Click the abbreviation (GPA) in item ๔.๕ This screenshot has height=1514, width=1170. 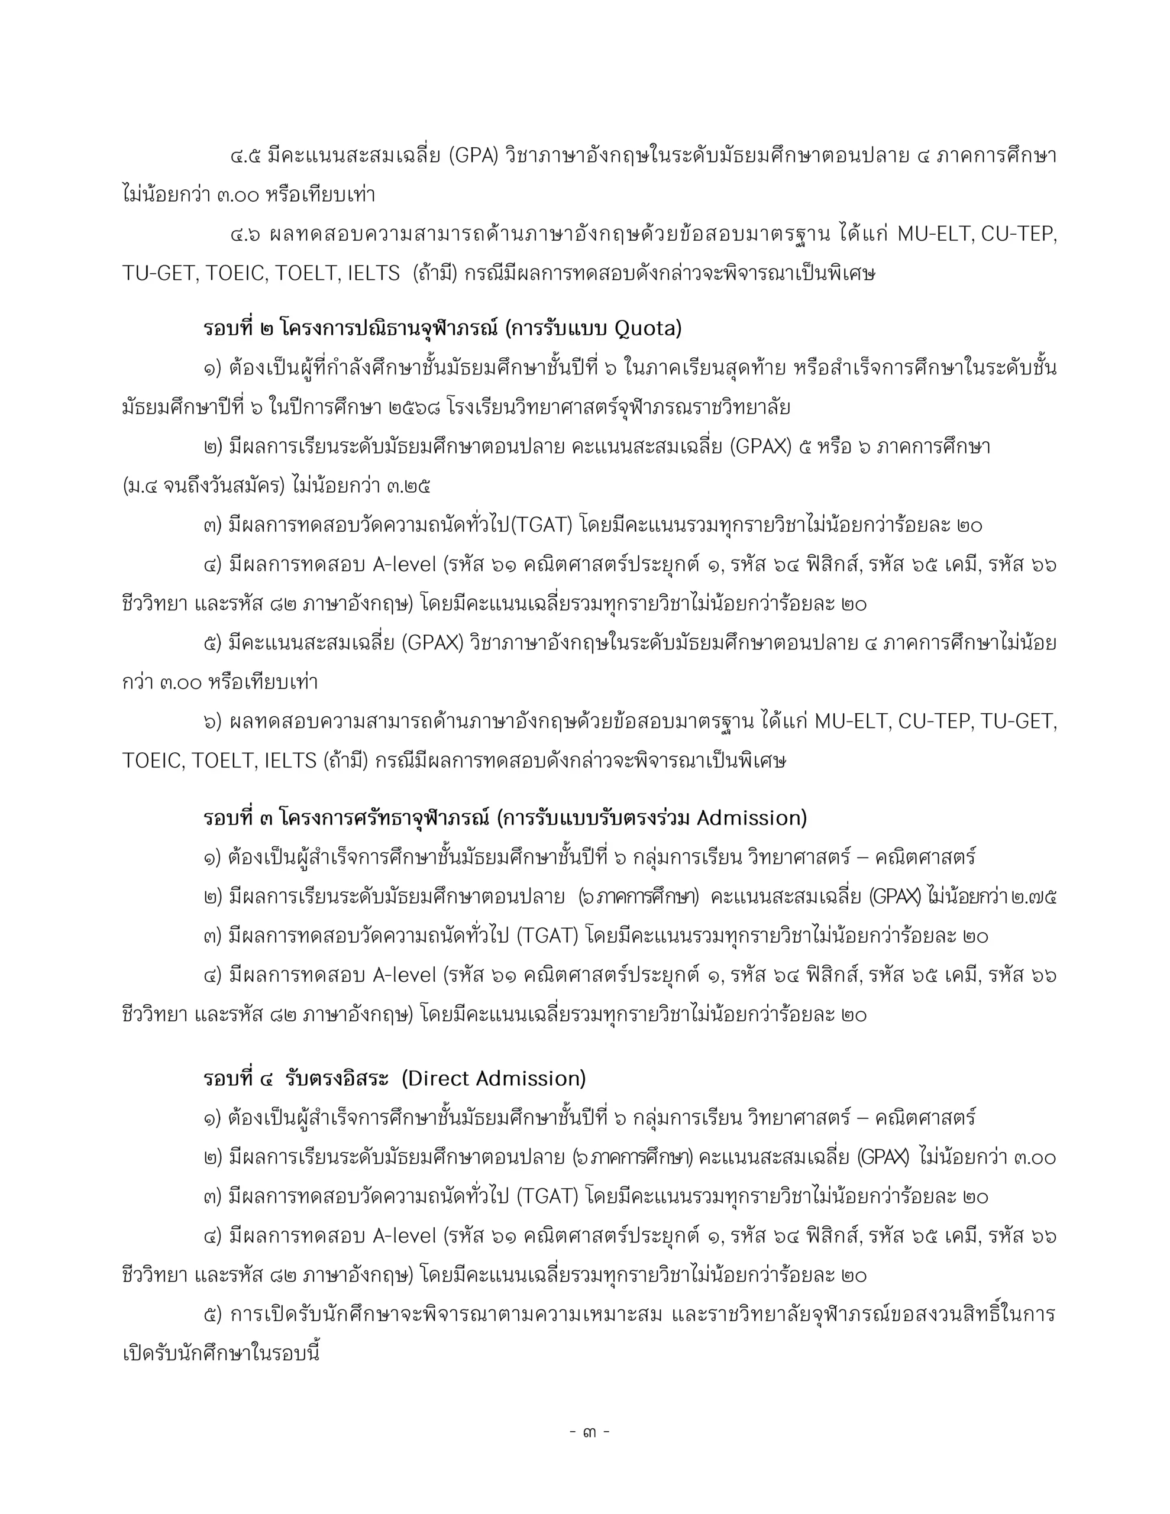[473, 157]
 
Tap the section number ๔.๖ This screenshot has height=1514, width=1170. [245, 235]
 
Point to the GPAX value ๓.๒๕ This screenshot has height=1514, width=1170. [409, 486]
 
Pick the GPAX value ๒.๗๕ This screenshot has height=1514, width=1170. [1033, 897]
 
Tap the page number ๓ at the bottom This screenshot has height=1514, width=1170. [589, 1432]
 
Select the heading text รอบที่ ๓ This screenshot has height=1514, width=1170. [238, 819]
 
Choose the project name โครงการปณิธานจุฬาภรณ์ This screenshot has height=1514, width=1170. [389, 329]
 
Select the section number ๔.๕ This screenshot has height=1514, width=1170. [245, 157]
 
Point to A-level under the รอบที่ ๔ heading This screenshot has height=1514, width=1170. [403, 1236]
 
